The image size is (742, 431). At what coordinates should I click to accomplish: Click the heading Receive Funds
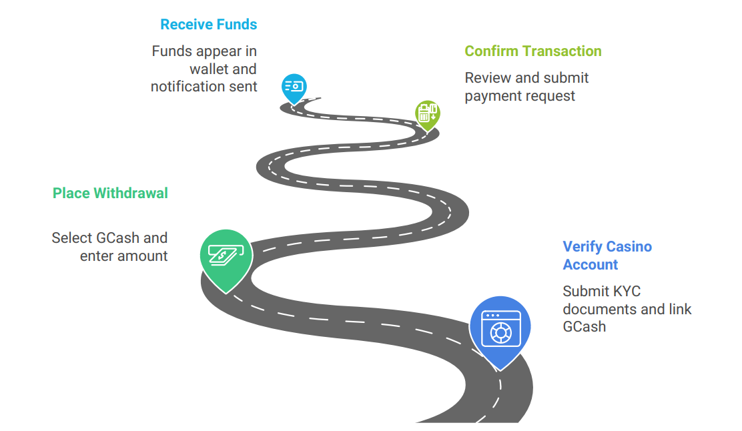[208, 25]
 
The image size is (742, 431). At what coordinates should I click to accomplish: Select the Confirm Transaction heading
[532, 51]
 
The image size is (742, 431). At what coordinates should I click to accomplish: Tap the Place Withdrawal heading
[110, 193]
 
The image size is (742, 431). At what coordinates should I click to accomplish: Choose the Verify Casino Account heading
[607, 256]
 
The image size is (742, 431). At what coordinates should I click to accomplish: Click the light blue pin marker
[294, 87]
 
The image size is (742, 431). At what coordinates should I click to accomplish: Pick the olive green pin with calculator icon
[426, 113]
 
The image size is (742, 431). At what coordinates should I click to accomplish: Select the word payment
[491, 96]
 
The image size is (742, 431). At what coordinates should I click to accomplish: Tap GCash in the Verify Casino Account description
[584, 327]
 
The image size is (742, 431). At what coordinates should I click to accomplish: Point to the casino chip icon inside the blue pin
[500, 334]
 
